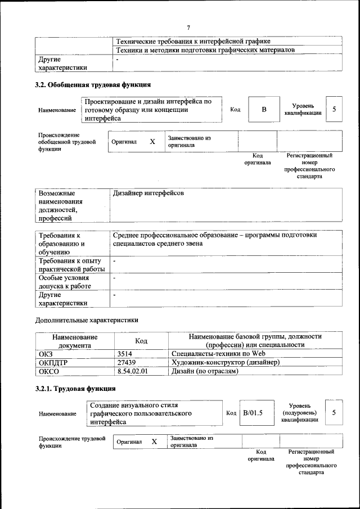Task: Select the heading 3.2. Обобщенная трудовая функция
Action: tap(93, 85)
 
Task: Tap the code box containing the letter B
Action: tap(264, 109)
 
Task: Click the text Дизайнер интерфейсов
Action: tap(148, 193)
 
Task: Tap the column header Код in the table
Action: tap(141, 341)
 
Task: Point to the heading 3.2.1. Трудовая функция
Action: tap(75, 389)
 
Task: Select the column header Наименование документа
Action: tap(75, 341)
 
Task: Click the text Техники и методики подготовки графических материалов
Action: tap(205, 50)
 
